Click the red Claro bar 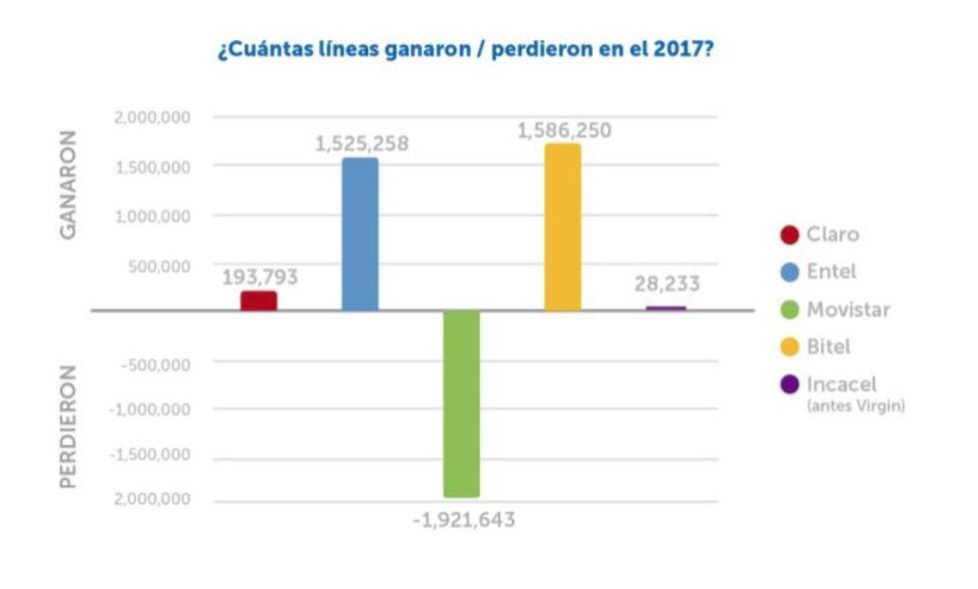(x=258, y=300)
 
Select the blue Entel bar (x=360, y=235)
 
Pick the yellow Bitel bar (x=563, y=228)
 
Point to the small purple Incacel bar (x=666, y=308)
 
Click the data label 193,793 (x=259, y=278)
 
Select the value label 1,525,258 (x=361, y=144)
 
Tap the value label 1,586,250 (x=564, y=131)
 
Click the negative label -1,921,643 (x=464, y=519)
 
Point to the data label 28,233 (x=667, y=284)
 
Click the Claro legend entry (x=831, y=235)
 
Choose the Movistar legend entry (x=847, y=309)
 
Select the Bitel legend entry (x=828, y=347)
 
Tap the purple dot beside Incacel (x=788, y=384)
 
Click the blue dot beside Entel (x=788, y=273)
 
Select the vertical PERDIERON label (x=69, y=425)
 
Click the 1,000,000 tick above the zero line (x=153, y=216)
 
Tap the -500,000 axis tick (x=155, y=364)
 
